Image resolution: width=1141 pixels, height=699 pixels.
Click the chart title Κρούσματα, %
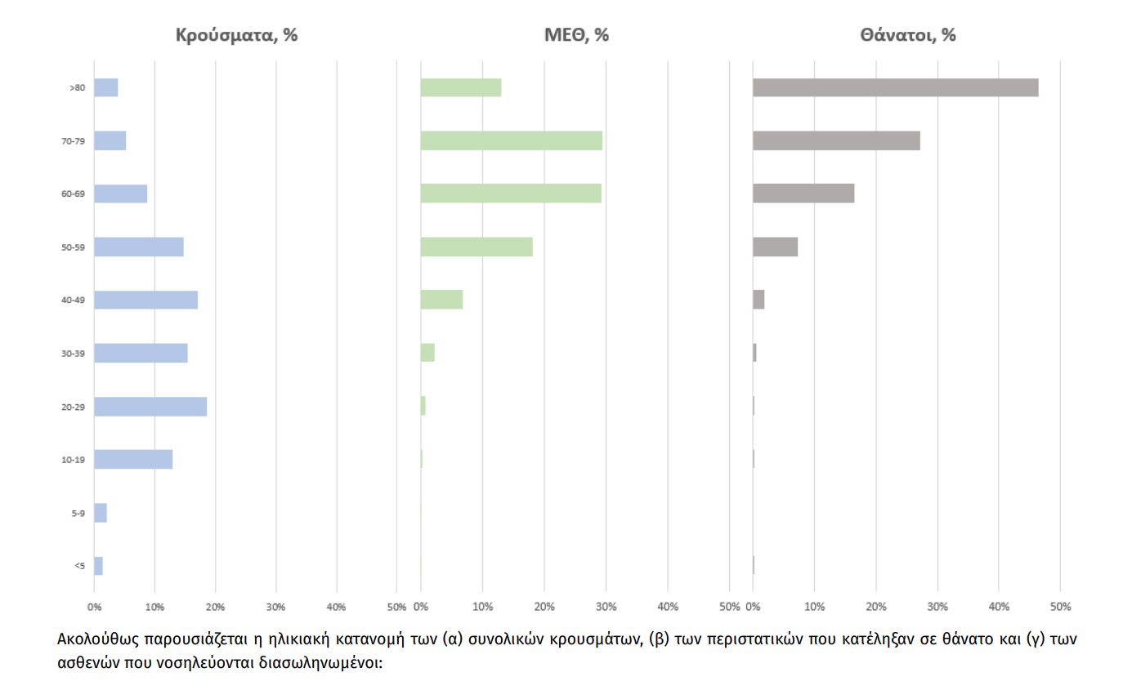(x=237, y=35)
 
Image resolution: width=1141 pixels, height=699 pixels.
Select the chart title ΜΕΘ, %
(x=577, y=35)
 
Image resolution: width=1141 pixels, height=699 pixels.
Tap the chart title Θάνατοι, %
(x=907, y=35)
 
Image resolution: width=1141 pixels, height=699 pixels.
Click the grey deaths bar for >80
(x=895, y=87)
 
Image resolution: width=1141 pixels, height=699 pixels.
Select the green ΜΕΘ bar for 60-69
(x=511, y=194)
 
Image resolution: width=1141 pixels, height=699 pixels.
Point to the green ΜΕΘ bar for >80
(x=461, y=87)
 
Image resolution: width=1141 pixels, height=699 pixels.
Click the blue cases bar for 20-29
(x=150, y=407)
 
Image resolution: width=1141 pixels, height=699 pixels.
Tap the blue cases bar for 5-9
(x=101, y=513)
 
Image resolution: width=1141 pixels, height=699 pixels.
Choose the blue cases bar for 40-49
(x=145, y=300)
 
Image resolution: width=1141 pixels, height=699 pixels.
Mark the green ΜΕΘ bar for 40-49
(x=441, y=300)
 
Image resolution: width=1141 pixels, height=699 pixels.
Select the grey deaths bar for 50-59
(x=775, y=247)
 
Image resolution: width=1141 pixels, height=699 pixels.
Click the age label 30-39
(x=74, y=354)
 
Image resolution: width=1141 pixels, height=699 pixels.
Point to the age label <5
(x=79, y=566)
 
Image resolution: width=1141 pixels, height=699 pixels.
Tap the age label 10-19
(x=74, y=460)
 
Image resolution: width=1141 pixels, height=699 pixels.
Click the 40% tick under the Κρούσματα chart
(x=336, y=607)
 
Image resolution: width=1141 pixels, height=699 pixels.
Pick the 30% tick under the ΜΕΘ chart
(x=606, y=607)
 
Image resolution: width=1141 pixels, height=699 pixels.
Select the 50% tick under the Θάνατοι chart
(x=1060, y=607)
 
